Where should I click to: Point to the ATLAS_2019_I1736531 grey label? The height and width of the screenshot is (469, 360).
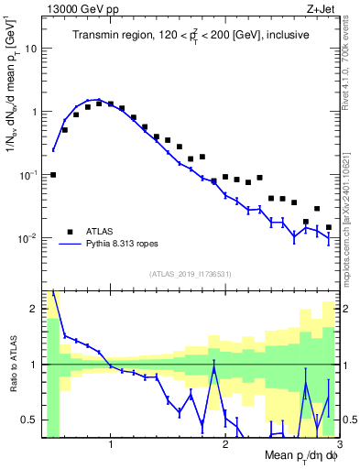coord(191,274)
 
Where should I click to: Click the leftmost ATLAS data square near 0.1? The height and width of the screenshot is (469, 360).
coord(53,174)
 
